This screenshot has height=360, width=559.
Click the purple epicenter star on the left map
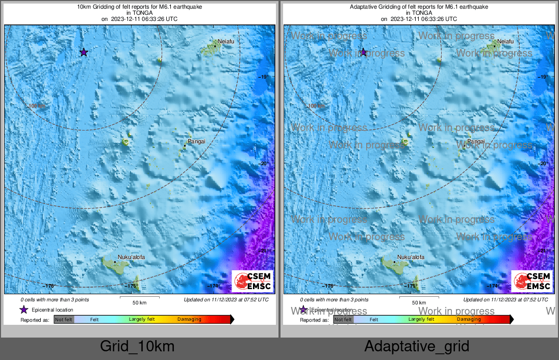tap(84, 52)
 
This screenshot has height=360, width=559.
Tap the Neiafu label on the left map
tap(226, 41)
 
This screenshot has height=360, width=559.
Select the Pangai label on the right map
tap(476, 141)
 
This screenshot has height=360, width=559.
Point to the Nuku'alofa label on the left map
tap(131, 258)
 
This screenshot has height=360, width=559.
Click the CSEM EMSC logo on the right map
tap(532, 281)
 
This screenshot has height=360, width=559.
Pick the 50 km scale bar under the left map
tap(139, 297)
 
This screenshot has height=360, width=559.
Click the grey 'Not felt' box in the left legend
tap(64, 319)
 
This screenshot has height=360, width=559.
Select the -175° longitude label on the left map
tap(132, 286)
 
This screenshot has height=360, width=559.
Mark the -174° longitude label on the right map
tap(493, 286)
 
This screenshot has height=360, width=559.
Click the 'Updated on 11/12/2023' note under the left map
tap(226, 300)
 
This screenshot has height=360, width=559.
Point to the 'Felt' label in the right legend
tap(374, 319)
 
